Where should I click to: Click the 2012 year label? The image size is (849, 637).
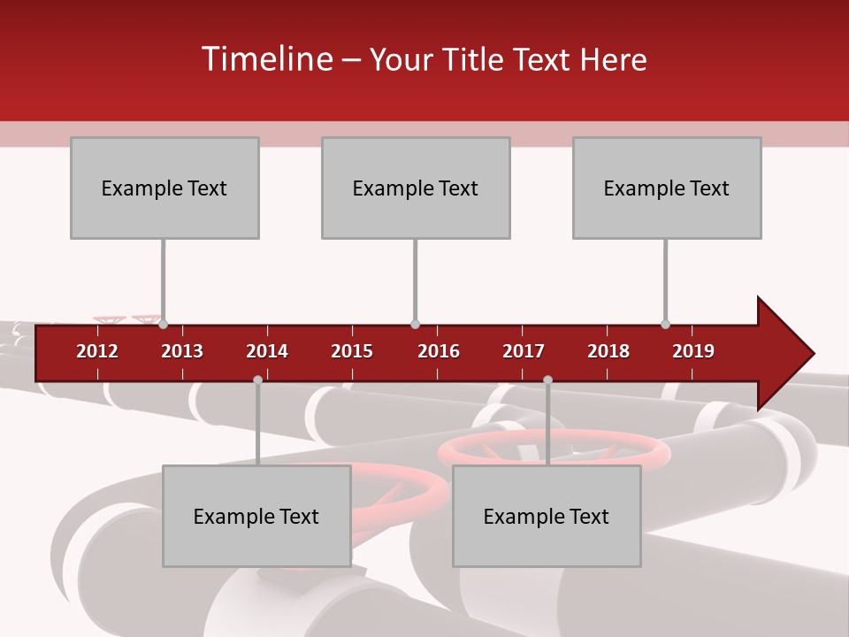click(x=97, y=351)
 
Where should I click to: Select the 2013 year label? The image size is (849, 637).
click(x=182, y=351)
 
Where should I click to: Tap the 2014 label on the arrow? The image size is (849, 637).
click(x=267, y=351)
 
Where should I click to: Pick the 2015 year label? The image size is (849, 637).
click(x=352, y=351)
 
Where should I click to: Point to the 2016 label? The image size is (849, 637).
click(x=439, y=351)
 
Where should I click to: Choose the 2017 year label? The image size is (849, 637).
click(x=524, y=351)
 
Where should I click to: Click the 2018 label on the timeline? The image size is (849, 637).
click(x=608, y=351)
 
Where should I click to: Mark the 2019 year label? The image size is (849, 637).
click(x=693, y=351)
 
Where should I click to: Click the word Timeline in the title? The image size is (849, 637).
click(x=265, y=59)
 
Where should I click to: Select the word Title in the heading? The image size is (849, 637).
click(x=476, y=59)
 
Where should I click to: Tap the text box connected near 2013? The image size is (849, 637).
click(x=164, y=188)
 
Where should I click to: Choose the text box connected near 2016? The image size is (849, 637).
click(x=416, y=188)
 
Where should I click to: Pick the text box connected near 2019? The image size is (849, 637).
click(x=667, y=188)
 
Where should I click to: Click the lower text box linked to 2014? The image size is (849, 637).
click(x=256, y=516)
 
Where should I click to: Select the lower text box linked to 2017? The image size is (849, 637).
click(x=547, y=516)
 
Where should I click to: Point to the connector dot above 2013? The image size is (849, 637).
click(x=163, y=325)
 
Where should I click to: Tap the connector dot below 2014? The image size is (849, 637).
click(x=257, y=380)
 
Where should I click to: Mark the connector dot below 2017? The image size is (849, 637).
click(x=547, y=380)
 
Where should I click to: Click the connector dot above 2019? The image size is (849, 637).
click(x=665, y=325)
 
